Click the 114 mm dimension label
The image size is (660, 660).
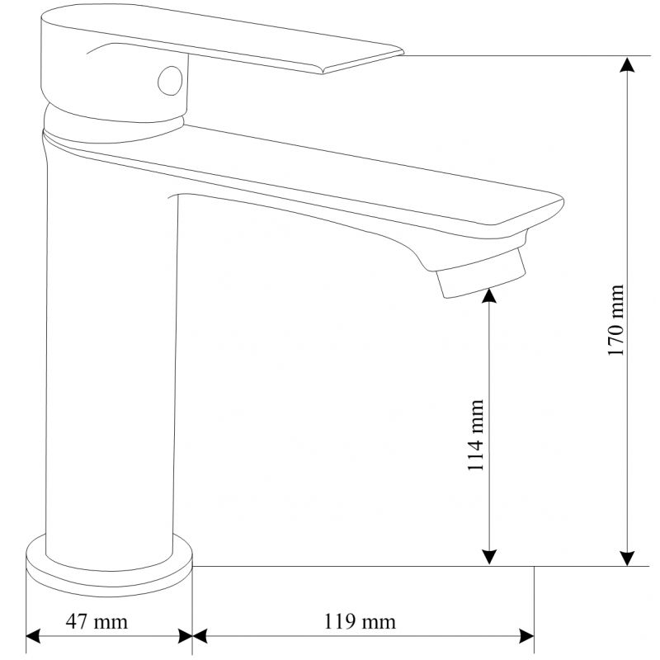pos(476,436)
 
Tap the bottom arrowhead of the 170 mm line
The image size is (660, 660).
pos(629,558)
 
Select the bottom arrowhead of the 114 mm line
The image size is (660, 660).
pos(490,558)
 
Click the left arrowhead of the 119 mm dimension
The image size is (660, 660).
pos(200,636)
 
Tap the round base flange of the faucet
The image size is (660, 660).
pos(110,561)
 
